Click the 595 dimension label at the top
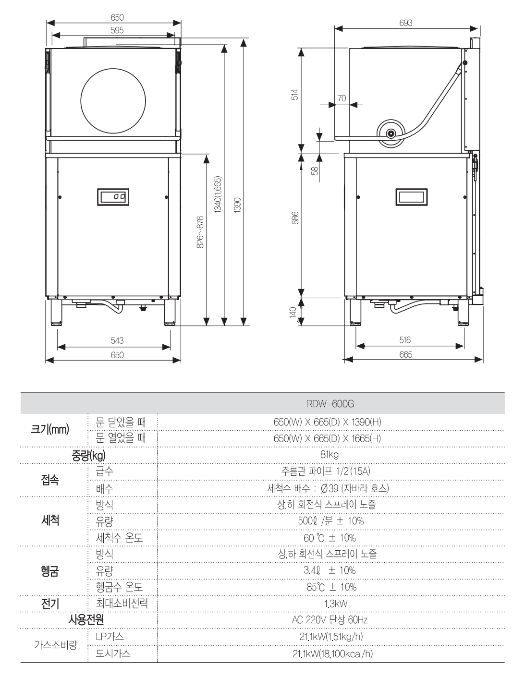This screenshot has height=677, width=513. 117,30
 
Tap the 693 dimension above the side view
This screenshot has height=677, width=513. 405,23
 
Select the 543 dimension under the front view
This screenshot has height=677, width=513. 117,340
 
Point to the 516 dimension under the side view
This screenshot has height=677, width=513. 405,340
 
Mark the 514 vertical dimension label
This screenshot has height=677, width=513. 295,94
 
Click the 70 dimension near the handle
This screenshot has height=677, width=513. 341,98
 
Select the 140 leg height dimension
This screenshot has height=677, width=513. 293,313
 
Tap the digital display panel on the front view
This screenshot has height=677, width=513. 113,196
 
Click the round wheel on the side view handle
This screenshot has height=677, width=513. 391,133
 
